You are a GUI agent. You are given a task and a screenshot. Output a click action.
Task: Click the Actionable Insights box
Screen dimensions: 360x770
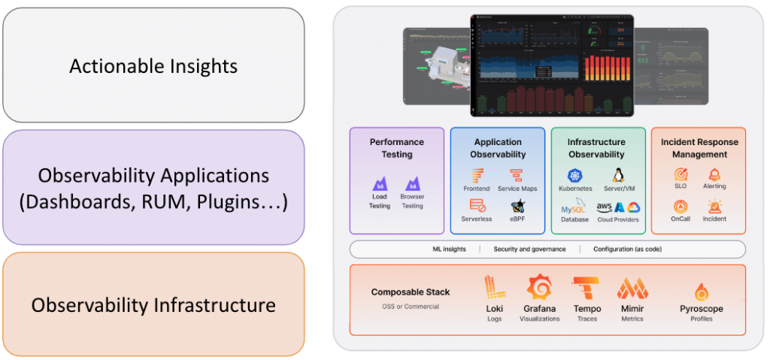153,65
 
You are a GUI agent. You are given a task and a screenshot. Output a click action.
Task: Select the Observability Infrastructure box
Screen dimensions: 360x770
153,304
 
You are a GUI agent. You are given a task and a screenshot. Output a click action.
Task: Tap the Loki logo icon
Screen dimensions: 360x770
494,289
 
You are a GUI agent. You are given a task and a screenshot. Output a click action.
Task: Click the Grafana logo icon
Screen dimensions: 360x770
539,289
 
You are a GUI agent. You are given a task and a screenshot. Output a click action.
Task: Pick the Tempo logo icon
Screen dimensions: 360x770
586,289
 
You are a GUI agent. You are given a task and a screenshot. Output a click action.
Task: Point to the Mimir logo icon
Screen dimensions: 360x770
632,289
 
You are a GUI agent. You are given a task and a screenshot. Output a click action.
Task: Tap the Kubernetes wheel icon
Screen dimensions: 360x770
575,176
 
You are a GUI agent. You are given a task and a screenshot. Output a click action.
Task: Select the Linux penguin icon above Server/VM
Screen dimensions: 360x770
618,175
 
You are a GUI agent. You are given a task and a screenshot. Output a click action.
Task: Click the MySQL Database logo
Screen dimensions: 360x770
574,207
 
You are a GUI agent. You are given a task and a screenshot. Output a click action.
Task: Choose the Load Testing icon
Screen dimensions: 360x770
380,184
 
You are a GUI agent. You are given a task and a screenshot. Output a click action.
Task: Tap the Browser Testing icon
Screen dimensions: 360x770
412,184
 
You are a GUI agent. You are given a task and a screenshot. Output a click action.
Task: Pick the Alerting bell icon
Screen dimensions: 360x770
714,174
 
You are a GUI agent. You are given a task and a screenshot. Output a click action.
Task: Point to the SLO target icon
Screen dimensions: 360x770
681,174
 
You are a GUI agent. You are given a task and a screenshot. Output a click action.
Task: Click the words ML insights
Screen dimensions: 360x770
450,249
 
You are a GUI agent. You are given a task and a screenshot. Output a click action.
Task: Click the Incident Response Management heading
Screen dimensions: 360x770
699,148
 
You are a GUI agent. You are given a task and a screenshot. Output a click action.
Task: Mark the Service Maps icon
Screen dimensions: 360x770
516,176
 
